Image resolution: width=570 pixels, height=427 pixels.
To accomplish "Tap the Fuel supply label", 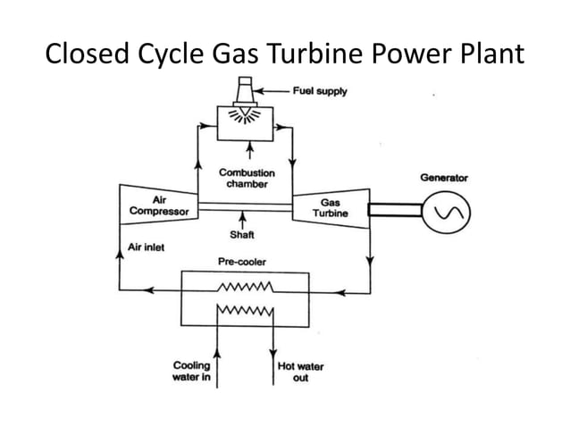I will [x=321, y=91].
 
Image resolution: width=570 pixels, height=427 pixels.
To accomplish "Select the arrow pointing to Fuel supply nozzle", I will [x=278, y=91].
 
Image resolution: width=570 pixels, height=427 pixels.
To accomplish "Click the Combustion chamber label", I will [x=247, y=178].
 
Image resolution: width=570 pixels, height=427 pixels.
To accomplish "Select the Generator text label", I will [x=444, y=178].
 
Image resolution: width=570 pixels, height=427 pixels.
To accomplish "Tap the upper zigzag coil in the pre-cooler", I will [x=244, y=289].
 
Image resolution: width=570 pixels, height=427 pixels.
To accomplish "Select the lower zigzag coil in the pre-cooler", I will [x=244, y=313].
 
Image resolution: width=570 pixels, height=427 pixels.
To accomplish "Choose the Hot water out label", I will [x=301, y=372].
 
